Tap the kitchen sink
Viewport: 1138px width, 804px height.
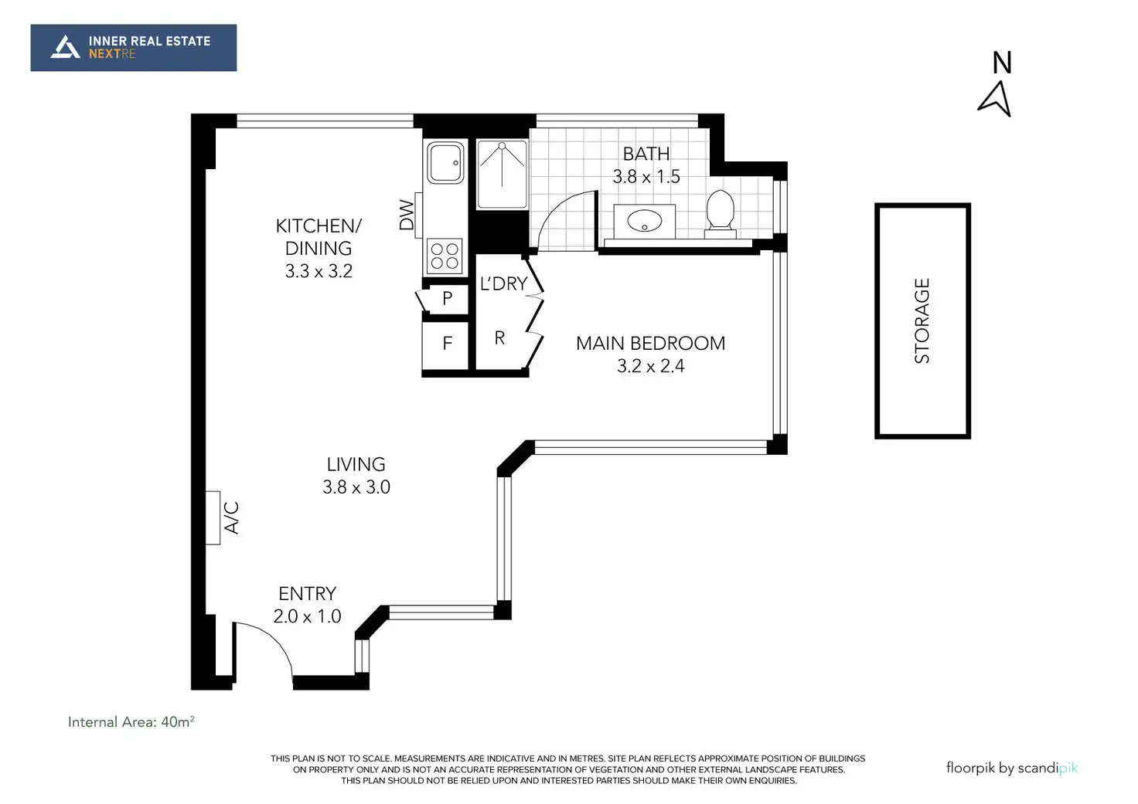pyautogui.click(x=445, y=162)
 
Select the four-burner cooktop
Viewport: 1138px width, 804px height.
pyautogui.click(x=445, y=256)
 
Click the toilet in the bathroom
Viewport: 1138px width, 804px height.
pyautogui.click(x=721, y=214)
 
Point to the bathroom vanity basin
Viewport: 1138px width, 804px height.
pyautogui.click(x=645, y=222)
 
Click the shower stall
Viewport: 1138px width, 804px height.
pyautogui.click(x=502, y=174)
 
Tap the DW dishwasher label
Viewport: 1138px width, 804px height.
pyautogui.click(x=407, y=215)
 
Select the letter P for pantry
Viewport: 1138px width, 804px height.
pyautogui.click(x=447, y=298)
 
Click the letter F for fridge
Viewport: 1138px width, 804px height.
pyautogui.click(x=447, y=344)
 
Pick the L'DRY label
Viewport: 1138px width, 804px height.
pyautogui.click(x=503, y=283)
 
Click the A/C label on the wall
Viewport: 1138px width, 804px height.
pyautogui.click(x=231, y=517)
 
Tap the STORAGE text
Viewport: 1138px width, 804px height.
pyautogui.click(x=922, y=321)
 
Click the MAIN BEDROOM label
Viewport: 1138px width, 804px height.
pyautogui.click(x=650, y=344)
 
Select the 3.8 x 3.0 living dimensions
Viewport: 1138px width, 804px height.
pyautogui.click(x=356, y=487)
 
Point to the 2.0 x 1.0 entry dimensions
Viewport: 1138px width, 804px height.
pyautogui.click(x=307, y=616)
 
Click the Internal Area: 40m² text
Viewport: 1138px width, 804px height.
pyautogui.click(x=131, y=722)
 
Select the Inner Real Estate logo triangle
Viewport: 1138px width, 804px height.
pyautogui.click(x=65, y=47)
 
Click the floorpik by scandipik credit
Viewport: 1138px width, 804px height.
pyautogui.click(x=1011, y=768)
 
